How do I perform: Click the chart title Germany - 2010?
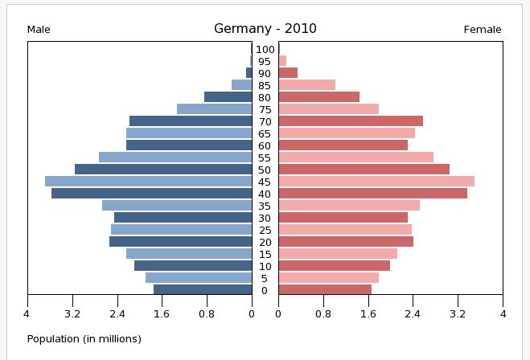click(265, 29)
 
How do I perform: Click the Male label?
click(39, 30)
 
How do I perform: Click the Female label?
click(482, 30)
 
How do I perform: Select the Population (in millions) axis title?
click(84, 338)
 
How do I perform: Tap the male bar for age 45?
click(148, 182)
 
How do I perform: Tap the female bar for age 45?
click(376, 182)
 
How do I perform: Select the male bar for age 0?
click(202, 290)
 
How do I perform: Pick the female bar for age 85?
click(306, 85)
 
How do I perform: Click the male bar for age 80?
click(228, 97)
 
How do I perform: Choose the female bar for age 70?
click(351, 121)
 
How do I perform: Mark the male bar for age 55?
click(175, 157)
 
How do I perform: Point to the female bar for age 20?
click(346, 242)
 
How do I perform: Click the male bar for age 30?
click(183, 218)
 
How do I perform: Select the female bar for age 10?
click(334, 266)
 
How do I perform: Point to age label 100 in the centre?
click(265, 49)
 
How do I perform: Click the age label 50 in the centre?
click(265, 170)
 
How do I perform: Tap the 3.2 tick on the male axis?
click(72, 313)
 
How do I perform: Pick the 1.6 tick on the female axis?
click(368, 313)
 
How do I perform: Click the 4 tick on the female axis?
click(502, 313)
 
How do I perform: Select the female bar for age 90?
click(288, 73)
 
